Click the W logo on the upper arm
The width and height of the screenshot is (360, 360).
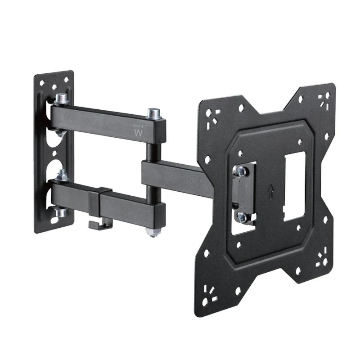pyautogui.click(x=138, y=133)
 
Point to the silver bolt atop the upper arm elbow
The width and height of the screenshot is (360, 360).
pyautogui.click(x=154, y=113)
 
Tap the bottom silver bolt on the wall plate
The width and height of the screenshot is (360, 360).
pyautogui.click(x=60, y=211)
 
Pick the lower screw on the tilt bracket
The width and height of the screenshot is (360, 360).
pyautogui.click(x=241, y=217)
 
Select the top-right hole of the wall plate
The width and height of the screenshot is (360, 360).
pyautogui.click(x=66, y=80)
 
